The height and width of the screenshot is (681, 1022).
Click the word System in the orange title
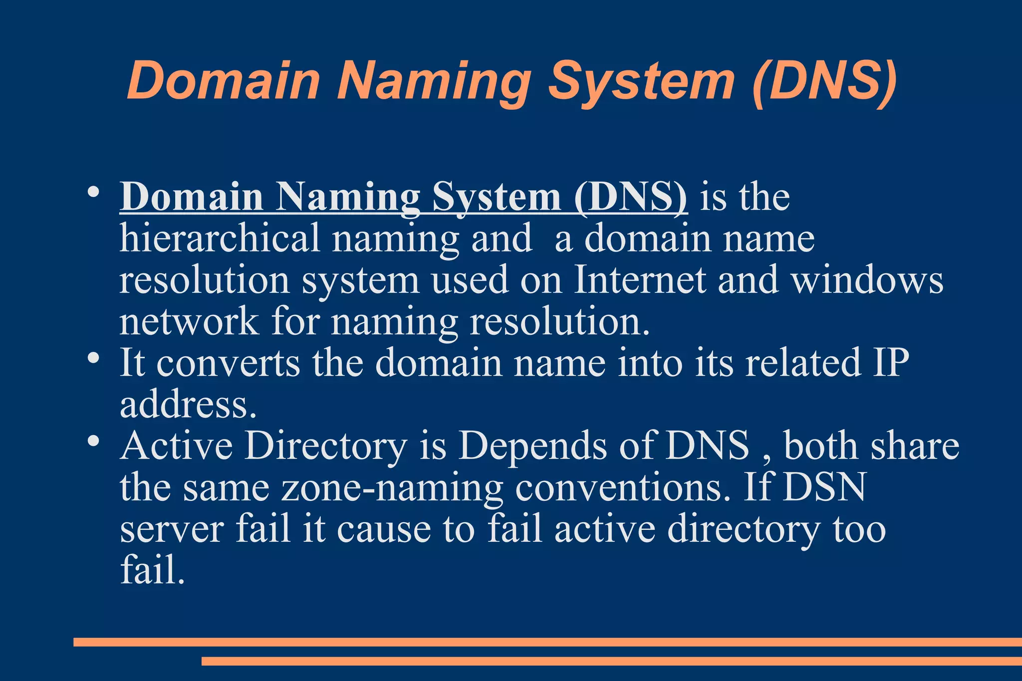642,81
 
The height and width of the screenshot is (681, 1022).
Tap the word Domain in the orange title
223,81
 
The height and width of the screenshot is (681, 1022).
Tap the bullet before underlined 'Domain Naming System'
92,192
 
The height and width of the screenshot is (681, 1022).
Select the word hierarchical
220,238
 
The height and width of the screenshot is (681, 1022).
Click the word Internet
640,279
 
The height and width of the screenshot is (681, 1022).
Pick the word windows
867,280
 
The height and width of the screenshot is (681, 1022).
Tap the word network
189,321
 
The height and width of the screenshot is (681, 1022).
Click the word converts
229,363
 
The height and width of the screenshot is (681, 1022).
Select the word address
188,404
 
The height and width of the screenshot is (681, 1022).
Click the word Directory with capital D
325,446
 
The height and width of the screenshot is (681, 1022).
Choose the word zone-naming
392,488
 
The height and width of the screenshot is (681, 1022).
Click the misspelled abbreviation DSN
824,487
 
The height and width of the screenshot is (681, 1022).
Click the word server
172,529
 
